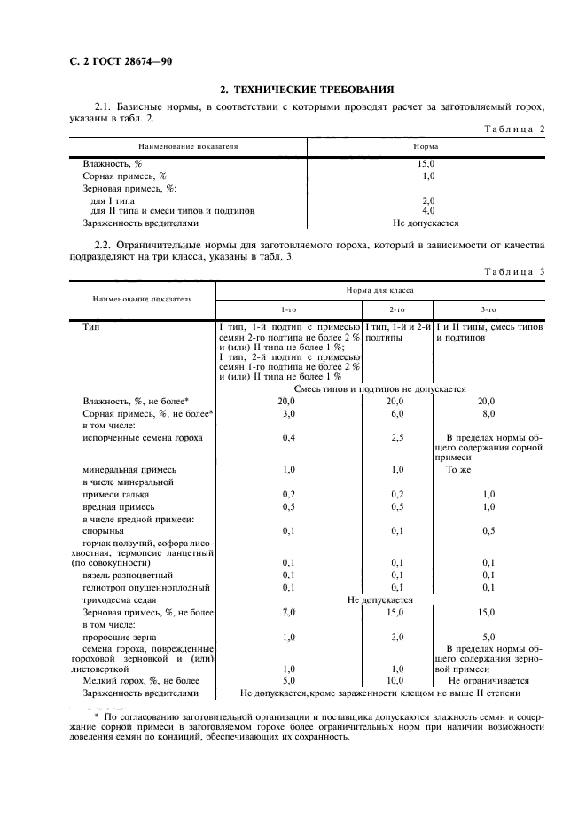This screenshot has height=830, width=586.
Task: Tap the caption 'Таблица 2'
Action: click(x=512, y=129)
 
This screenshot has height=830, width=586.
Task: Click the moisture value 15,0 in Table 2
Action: click(x=426, y=164)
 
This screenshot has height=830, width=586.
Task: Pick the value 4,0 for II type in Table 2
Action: click(x=427, y=211)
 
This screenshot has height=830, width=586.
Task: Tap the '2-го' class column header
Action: click(x=396, y=310)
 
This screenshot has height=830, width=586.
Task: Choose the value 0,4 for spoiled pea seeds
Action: click(x=288, y=438)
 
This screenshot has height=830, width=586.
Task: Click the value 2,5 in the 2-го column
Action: click(x=396, y=438)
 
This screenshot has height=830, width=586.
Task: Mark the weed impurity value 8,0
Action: click(x=488, y=413)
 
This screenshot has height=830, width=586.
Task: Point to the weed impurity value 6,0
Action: click(x=396, y=413)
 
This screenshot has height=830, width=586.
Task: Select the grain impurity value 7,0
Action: click(x=288, y=613)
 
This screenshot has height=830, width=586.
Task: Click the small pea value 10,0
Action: click(x=396, y=681)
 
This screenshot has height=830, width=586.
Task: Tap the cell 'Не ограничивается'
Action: click(x=488, y=681)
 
